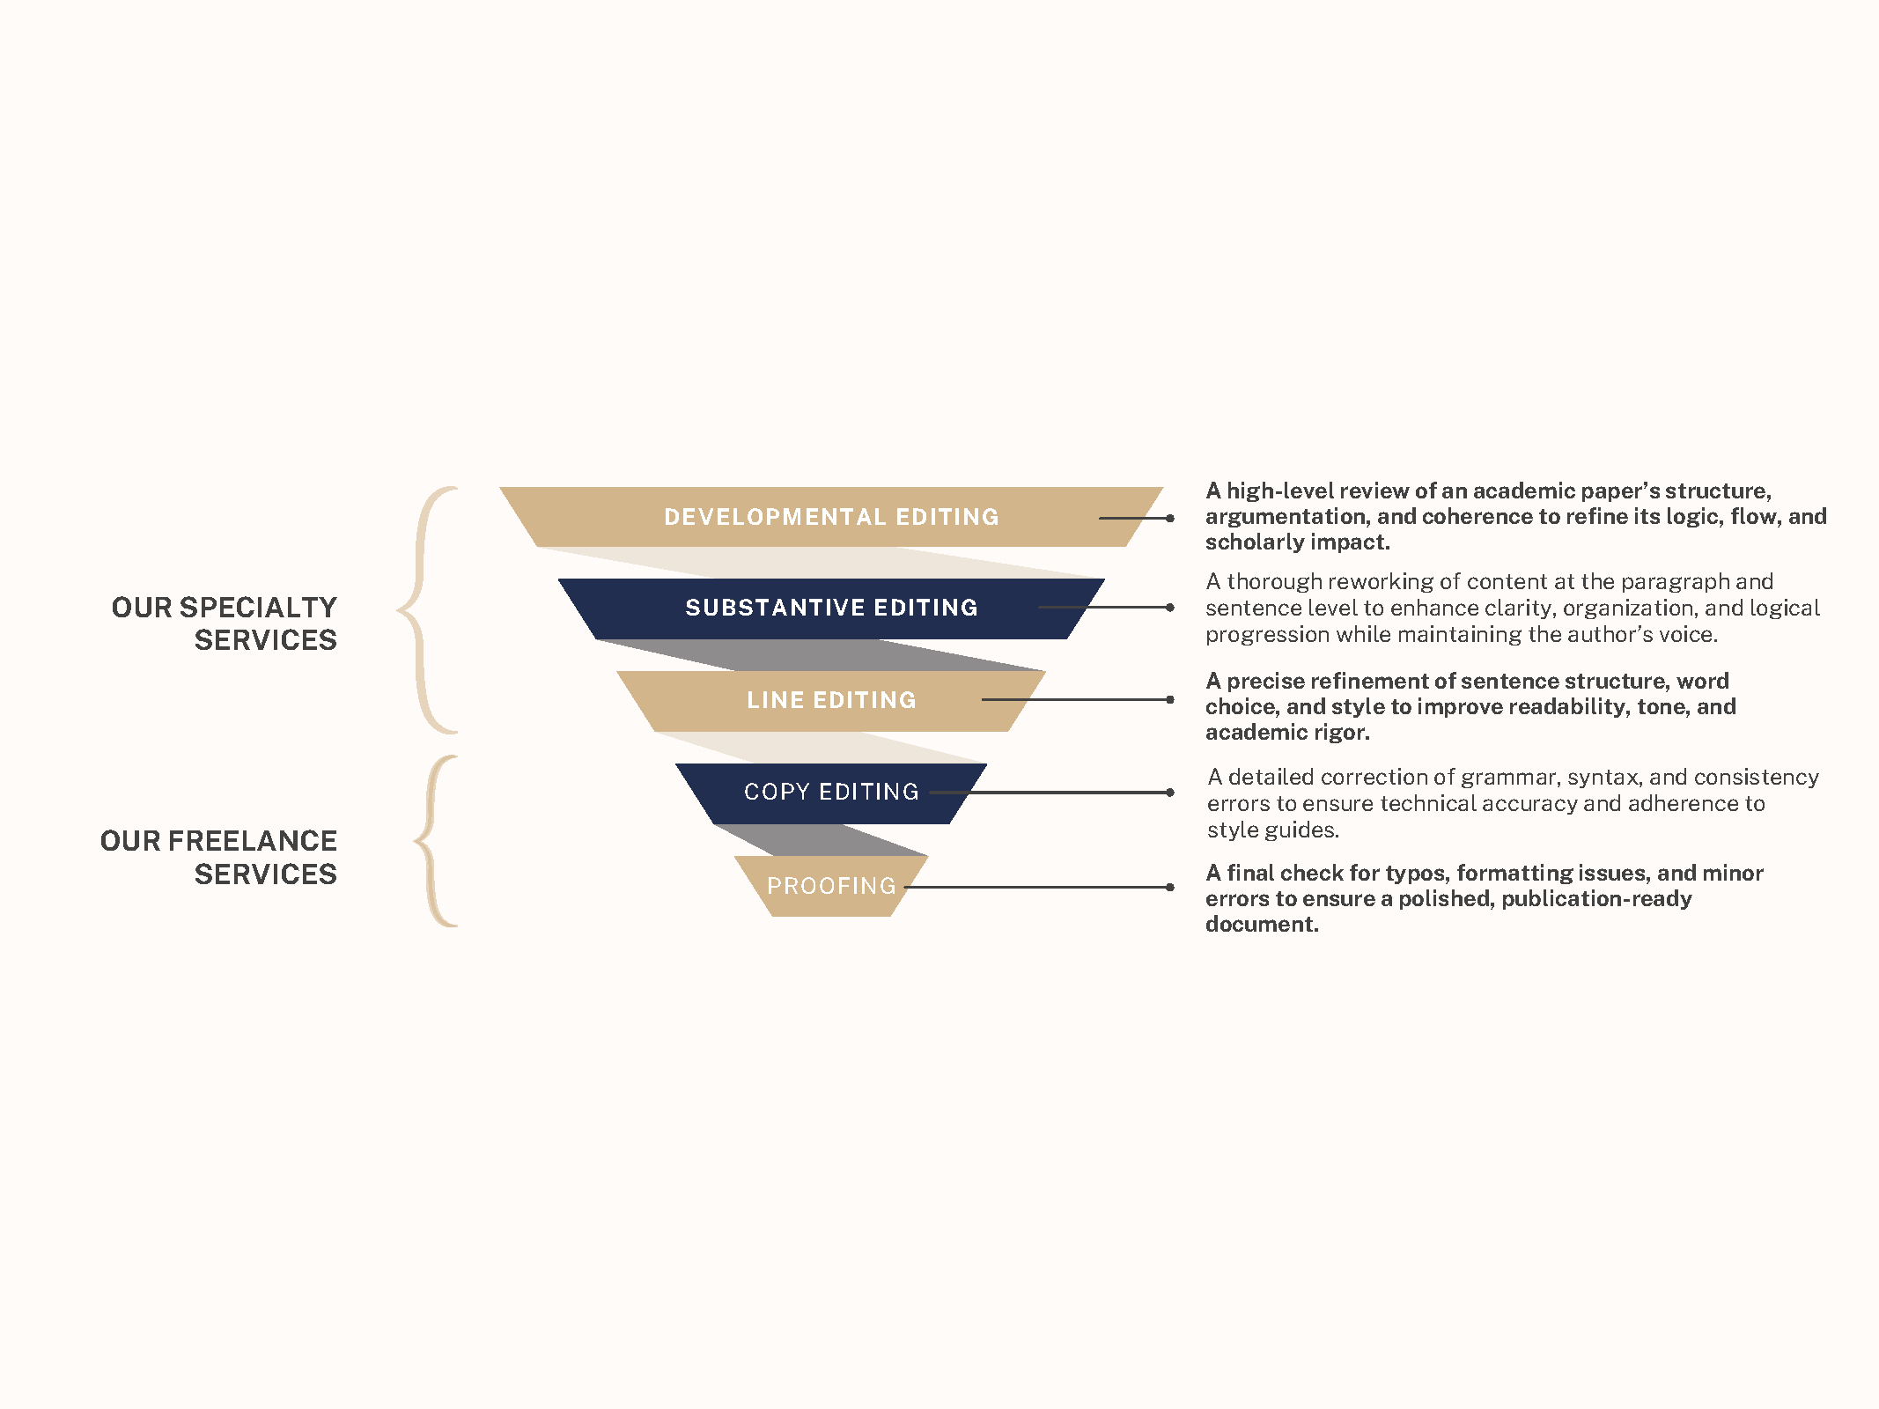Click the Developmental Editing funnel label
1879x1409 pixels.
tap(831, 517)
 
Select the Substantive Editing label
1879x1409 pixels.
tap(831, 608)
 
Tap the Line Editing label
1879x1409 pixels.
tap(831, 700)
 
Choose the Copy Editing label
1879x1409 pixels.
tap(831, 792)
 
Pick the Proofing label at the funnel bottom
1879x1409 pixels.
tap(831, 886)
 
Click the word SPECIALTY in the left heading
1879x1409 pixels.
tap(258, 608)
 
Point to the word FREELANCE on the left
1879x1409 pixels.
tap(252, 841)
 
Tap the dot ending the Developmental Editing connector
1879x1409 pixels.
tap(1170, 519)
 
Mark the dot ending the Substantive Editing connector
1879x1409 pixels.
tap(1170, 608)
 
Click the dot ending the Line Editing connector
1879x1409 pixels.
tap(1170, 700)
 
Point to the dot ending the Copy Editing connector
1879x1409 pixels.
tap(1170, 793)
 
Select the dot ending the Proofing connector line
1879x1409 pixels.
tap(1170, 888)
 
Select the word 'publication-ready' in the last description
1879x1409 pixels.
tap(1596, 899)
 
